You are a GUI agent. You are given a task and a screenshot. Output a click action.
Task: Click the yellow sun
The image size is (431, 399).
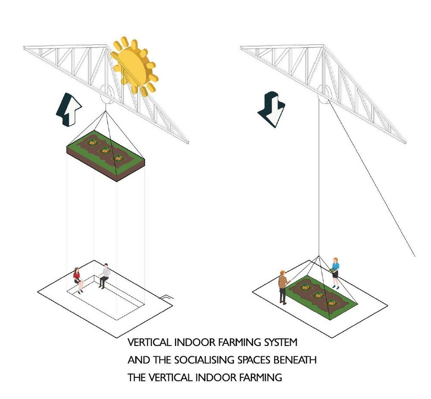(134, 66)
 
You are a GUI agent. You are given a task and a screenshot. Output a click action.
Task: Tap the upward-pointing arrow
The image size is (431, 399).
(69, 110)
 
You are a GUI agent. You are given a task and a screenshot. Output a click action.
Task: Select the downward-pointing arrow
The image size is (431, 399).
(271, 110)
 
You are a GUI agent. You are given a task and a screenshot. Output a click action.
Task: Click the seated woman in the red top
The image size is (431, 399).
(78, 280)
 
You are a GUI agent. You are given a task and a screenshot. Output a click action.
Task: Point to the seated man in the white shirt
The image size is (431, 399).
(104, 276)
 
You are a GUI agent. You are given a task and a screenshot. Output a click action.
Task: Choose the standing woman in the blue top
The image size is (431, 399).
(335, 273)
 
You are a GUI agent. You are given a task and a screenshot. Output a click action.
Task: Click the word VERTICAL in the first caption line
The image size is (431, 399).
(150, 342)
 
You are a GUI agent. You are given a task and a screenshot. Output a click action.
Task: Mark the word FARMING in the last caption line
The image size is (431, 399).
(260, 377)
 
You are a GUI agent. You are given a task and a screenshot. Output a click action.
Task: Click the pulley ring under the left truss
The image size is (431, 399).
(106, 94)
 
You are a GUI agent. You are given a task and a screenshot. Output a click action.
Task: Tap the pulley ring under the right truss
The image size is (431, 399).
(324, 94)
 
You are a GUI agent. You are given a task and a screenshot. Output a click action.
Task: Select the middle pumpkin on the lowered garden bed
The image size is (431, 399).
(319, 295)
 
